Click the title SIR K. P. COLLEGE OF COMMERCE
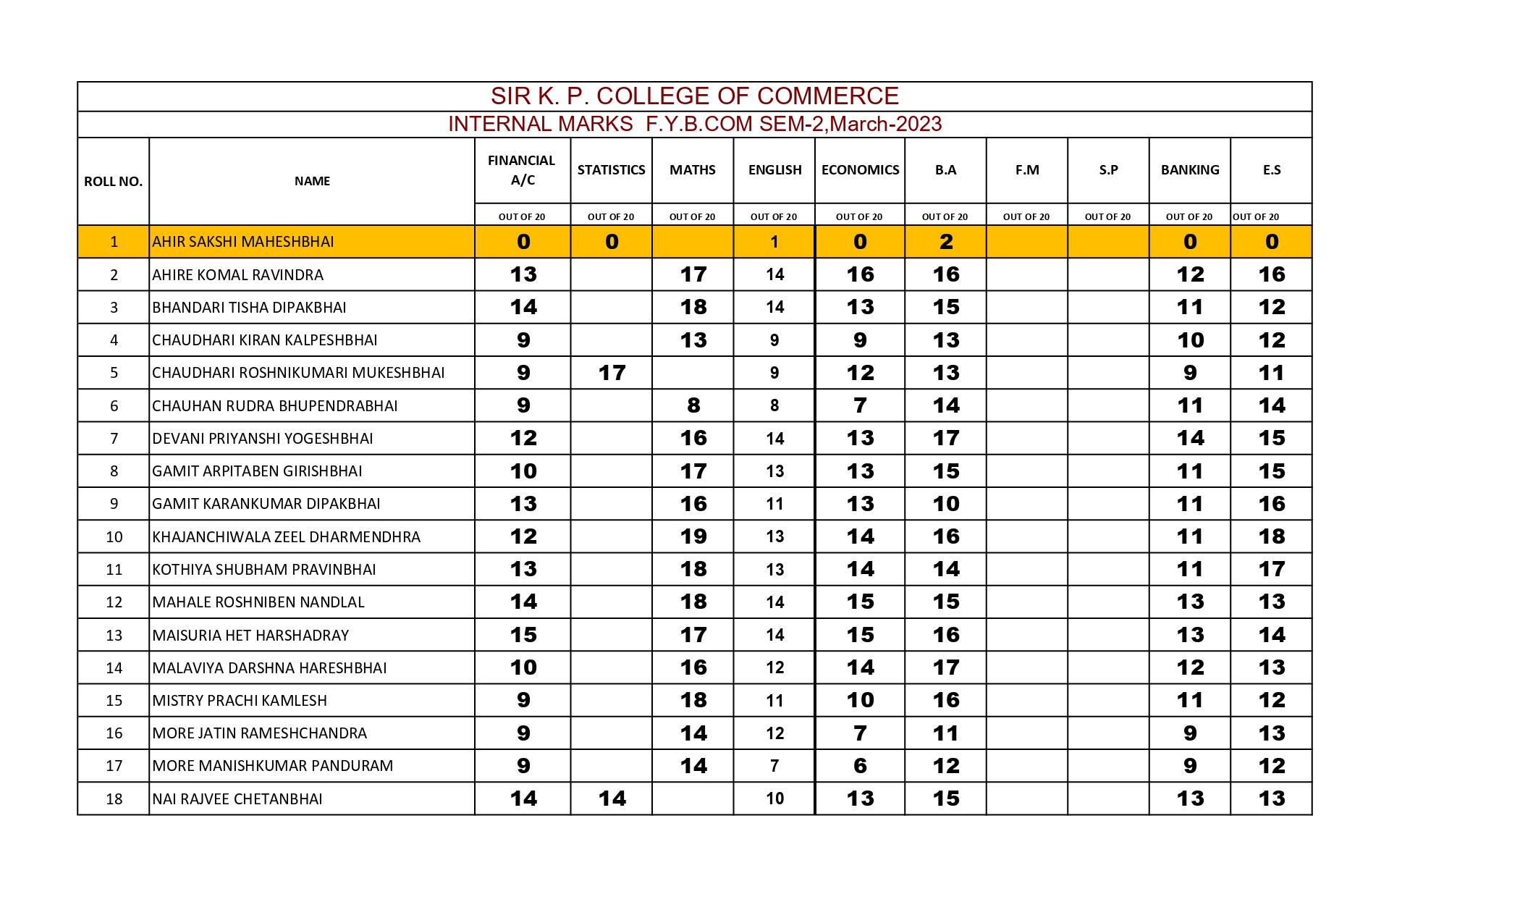tap(694, 96)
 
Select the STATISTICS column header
tap(611, 170)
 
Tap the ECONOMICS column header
tap(860, 170)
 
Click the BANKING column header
tap(1189, 170)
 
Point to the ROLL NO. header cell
tap(113, 182)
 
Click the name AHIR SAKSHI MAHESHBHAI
tap(243, 242)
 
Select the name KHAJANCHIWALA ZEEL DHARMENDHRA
tap(286, 537)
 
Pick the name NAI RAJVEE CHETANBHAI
tap(237, 799)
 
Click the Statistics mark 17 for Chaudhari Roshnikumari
tap(612, 373)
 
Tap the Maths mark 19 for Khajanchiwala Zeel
tap(693, 536)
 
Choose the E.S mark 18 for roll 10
tap(1271, 536)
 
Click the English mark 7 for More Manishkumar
tap(774, 766)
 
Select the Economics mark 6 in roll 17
tap(860, 766)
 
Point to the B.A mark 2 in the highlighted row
tap(945, 242)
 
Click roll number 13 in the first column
tap(114, 636)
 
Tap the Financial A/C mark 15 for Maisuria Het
tap(523, 635)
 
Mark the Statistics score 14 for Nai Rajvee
tap(612, 798)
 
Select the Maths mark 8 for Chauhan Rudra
tap(693, 405)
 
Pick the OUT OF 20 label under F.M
tap(1026, 216)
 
